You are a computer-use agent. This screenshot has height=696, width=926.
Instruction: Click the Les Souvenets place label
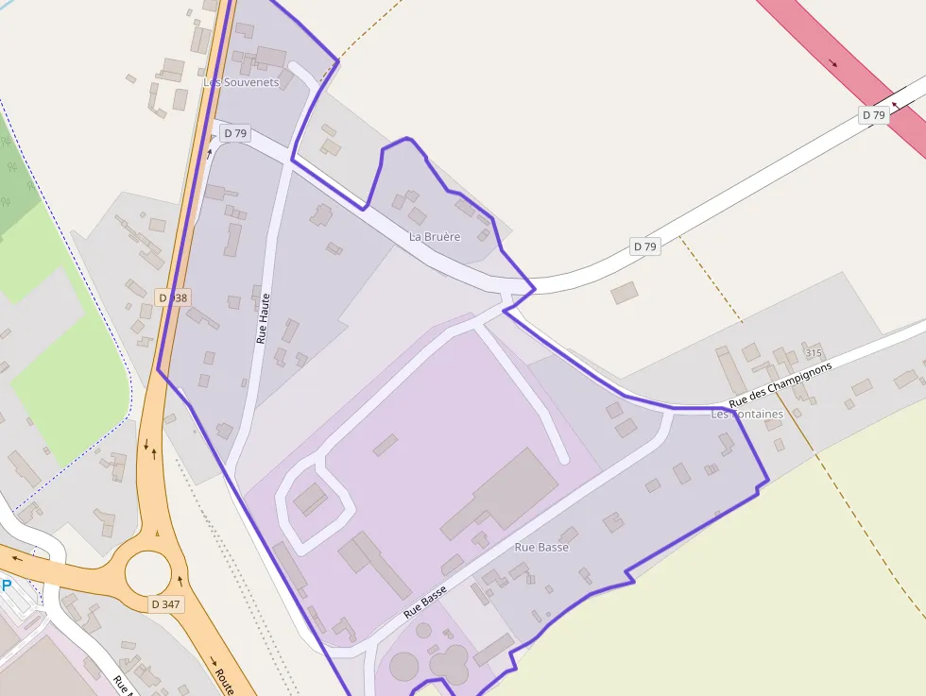(242, 82)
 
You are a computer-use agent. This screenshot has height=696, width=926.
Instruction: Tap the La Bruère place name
(435, 236)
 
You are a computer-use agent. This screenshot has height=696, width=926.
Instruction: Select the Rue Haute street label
(264, 316)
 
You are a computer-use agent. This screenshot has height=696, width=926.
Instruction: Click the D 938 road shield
(172, 297)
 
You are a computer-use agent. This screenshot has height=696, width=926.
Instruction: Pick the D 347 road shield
(166, 603)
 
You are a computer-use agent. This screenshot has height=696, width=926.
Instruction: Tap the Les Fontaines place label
(746, 414)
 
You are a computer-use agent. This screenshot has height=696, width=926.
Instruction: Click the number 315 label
(814, 352)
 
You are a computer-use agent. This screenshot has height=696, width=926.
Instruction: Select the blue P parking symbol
(6, 586)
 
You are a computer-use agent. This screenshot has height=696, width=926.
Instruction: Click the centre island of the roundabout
(148, 571)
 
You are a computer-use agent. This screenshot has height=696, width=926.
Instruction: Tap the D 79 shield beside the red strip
(874, 115)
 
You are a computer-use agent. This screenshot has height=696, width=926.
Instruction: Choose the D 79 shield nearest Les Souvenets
(234, 133)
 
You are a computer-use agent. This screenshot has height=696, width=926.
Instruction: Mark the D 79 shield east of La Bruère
(644, 246)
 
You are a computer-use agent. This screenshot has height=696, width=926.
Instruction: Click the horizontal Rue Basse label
(541, 547)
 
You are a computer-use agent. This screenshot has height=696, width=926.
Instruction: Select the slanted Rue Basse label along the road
(425, 602)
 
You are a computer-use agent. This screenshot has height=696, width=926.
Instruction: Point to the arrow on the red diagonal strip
(832, 63)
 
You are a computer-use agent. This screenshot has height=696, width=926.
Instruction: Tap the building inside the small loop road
(310, 499)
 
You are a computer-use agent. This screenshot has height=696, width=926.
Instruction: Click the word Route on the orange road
(224, 682)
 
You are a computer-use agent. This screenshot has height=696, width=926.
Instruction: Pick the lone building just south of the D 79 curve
(625, 293)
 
